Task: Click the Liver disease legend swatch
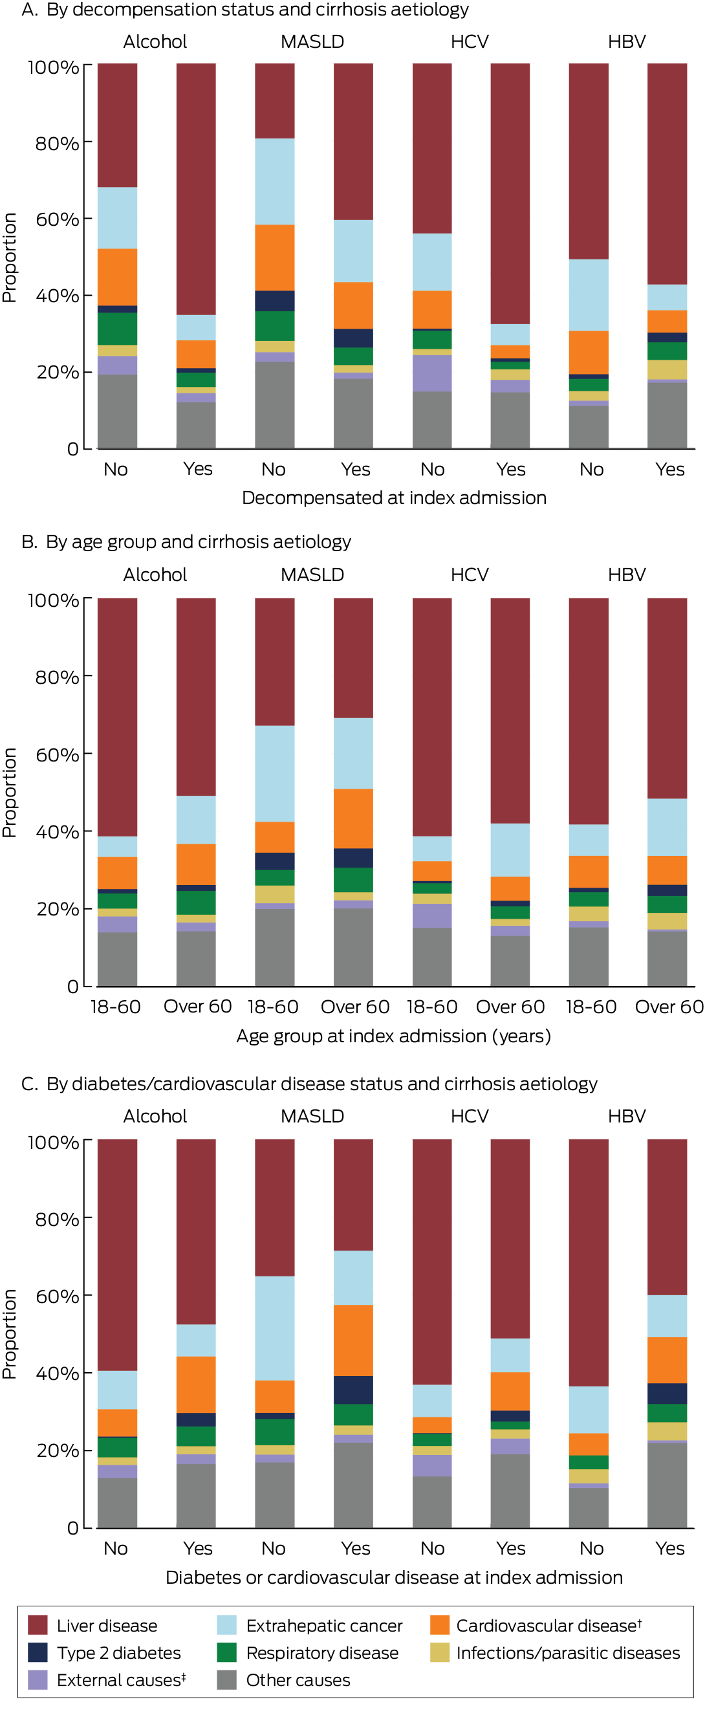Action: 38,1625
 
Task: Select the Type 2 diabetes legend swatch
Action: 38,1652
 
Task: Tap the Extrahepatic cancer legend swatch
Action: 226,1625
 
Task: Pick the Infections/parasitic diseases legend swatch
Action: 439,1652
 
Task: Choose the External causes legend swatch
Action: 38,1679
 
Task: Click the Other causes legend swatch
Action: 226,1679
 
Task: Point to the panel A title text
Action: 244,9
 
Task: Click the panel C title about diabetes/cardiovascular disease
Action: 309,1083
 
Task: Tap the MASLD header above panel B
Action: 312,574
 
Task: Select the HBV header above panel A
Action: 626,41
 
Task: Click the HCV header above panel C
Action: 469,1116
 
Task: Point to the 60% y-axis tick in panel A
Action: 57,219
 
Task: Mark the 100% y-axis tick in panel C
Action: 53,1143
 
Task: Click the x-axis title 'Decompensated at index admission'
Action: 394,498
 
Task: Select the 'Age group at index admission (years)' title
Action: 394,1036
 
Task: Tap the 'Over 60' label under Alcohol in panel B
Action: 197,1007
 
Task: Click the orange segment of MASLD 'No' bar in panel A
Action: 274,257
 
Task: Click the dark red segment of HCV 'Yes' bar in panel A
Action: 510,193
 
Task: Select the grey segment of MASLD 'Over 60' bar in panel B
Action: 353,946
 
